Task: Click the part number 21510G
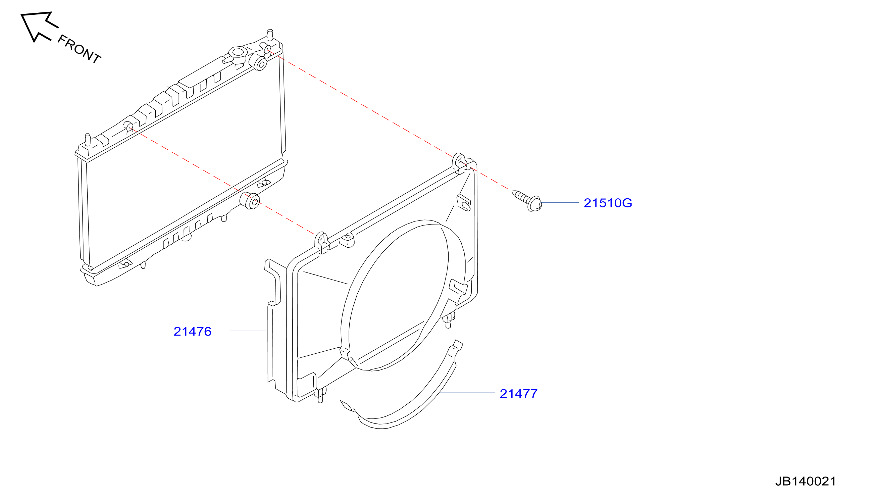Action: pos(608,203)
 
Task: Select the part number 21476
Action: pos(193,332)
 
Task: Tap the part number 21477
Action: pos(518,394)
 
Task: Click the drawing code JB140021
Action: pos(805,481)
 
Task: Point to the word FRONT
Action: pos(79,49)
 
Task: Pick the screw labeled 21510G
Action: pos(527,201)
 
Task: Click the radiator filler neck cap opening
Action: pos(238,52)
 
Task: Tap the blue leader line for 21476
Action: pos(248,331)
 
